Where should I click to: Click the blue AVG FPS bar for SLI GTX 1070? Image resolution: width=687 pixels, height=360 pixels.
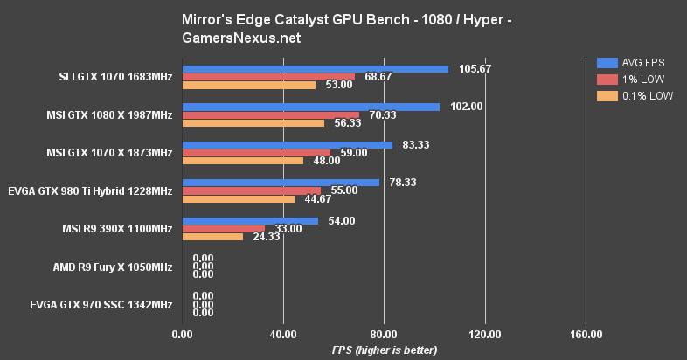[315, 69]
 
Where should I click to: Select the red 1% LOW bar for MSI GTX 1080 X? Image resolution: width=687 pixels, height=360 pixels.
[270, 114]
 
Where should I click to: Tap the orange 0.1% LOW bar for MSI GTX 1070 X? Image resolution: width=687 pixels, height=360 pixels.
[242, 161]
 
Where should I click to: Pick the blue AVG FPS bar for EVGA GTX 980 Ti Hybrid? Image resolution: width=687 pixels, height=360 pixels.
[280, 183]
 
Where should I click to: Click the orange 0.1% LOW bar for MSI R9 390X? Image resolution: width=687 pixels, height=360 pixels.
[212, 237]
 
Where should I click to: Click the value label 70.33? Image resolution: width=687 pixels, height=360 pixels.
[379, 114]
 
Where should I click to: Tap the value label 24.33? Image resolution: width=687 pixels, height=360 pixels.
[263, 237]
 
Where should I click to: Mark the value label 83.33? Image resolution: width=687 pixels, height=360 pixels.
[416, 145]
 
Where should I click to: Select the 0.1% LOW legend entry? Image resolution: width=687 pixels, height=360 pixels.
[634, 96]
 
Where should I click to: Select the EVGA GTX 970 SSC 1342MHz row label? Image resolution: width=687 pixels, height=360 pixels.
[99, 305]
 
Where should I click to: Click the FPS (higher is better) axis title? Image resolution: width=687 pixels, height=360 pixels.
[384, 350]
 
